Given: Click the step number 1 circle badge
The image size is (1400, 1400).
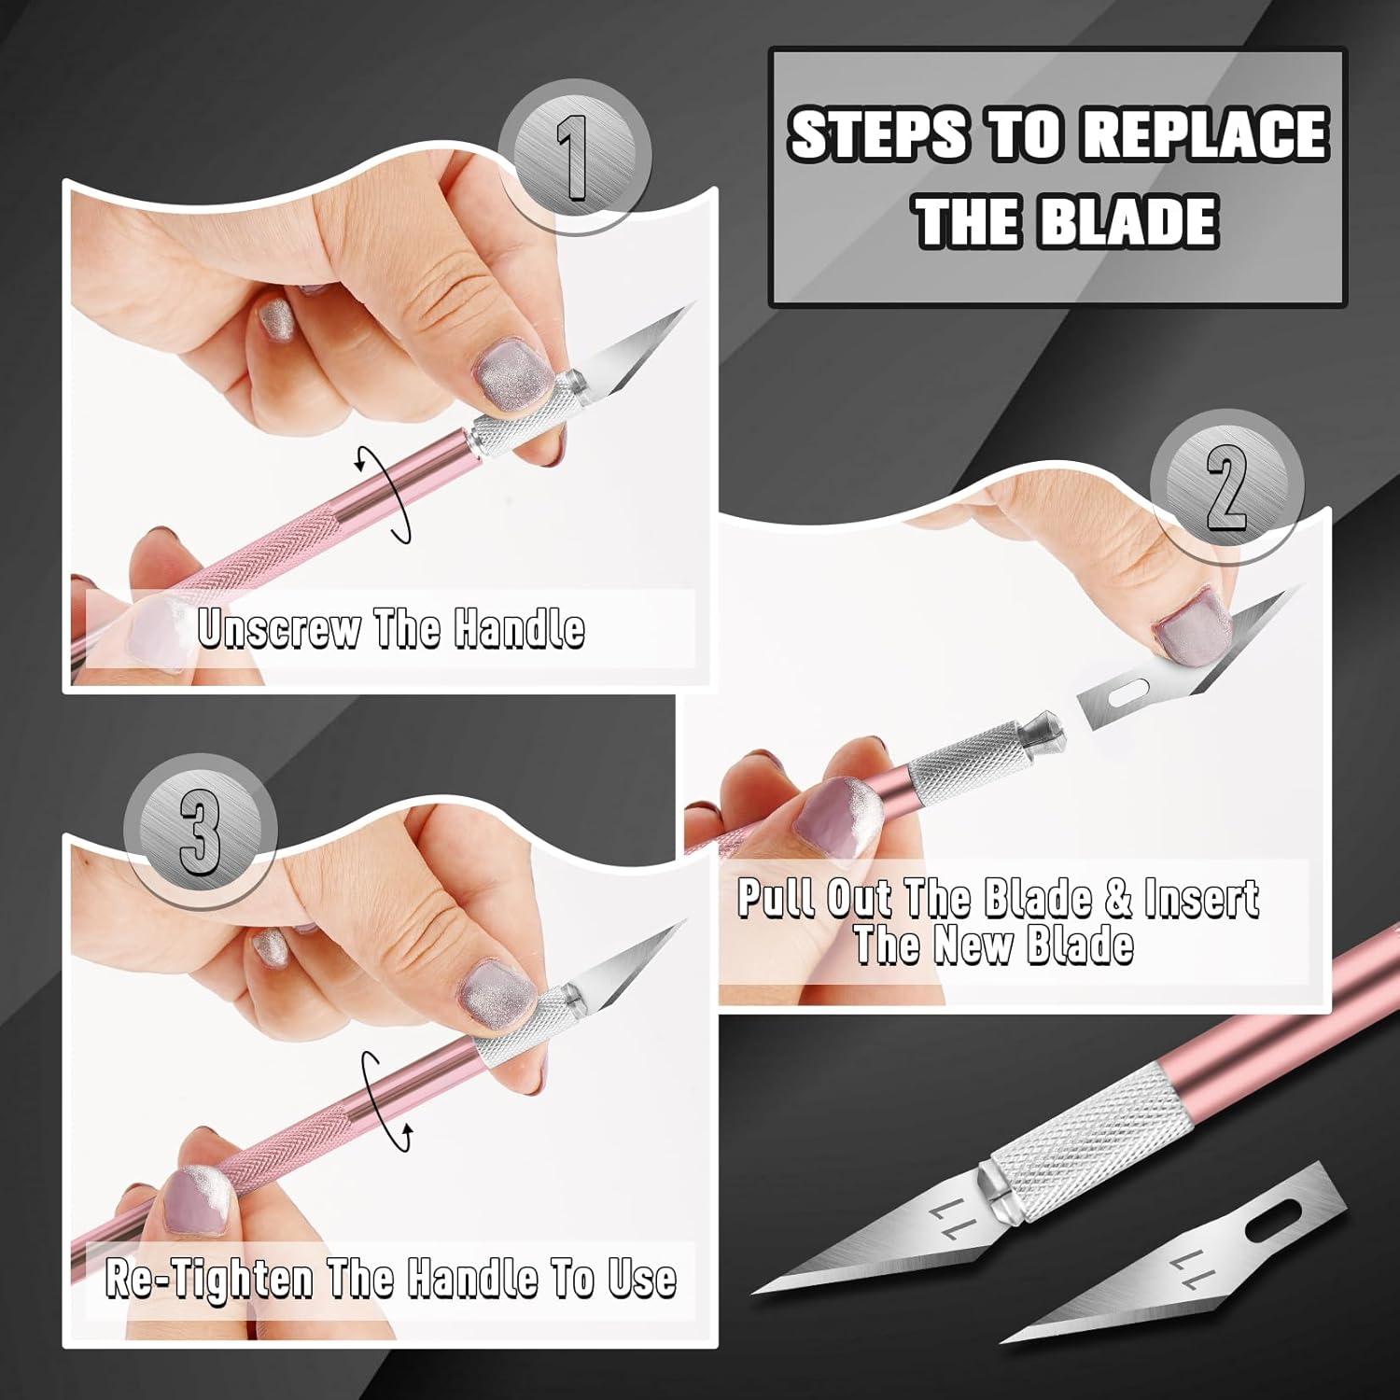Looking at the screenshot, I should (x=573, y=156).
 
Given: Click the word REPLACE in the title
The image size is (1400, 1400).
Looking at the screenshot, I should (x=1205, y=134).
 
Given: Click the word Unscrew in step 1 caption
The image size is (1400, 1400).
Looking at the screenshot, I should (x=278, y=629).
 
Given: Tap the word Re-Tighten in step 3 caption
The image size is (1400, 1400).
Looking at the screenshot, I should (x=208, y=1278).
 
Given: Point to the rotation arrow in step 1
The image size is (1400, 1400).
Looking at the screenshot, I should (x=385, y=494).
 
